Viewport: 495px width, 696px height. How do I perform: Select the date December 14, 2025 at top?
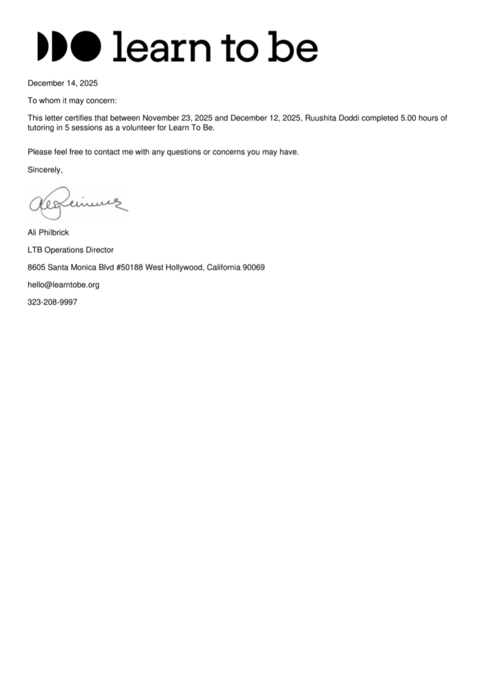click(63, 83)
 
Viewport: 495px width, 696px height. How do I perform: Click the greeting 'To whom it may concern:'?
click(72, 101)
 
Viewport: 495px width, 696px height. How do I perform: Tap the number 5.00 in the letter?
click(410, 118)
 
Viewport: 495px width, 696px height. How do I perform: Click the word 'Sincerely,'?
click(45, 170)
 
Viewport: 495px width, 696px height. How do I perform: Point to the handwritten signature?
click(78, 201)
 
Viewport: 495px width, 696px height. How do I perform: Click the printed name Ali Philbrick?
click(48, 232)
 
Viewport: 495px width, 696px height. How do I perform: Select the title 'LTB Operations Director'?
click(71, 250)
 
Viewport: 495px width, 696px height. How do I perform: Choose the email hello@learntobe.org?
click(64, 284)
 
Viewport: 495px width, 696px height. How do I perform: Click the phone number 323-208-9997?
click(52, 302)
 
